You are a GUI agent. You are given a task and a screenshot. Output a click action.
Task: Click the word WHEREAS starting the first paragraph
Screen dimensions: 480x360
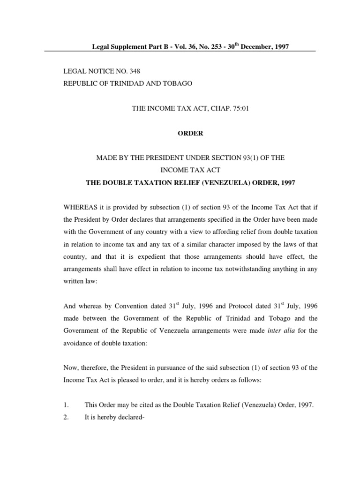click(80, 207)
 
